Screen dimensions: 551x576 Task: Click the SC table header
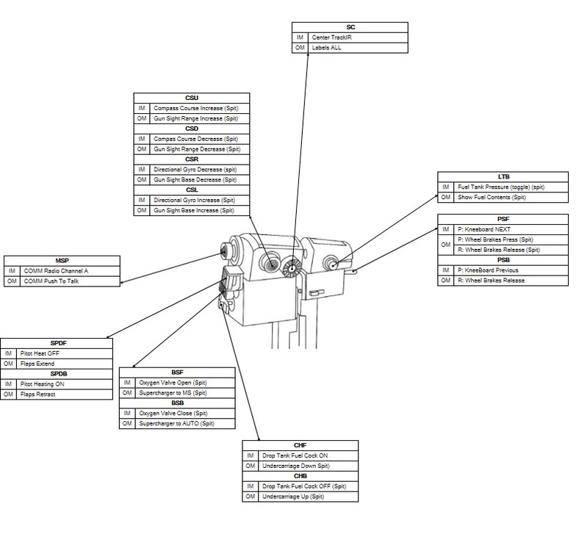point(350,27)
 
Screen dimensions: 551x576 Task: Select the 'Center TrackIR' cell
point(331,37)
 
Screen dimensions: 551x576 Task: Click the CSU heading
point(192,98)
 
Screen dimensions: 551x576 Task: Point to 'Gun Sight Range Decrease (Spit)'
point(197,149)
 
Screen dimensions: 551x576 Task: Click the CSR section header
point(192,159)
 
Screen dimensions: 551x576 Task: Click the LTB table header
point(503,177)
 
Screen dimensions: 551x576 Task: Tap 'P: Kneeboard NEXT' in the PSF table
point(483,229)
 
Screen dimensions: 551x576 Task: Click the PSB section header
point(503,260)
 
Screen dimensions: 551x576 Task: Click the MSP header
point(62,260)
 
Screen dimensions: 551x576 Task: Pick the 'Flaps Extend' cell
point(37,364)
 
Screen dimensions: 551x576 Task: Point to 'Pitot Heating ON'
point(43,384)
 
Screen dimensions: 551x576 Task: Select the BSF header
point(178,372)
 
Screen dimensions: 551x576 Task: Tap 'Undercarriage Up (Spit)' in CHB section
point(293,497)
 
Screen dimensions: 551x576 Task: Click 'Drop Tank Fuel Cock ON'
point(295,456)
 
